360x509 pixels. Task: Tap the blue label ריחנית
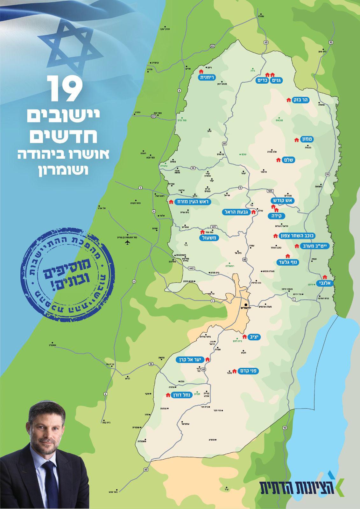pyautogui.click(x=207, y=77)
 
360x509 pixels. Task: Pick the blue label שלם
pyautogui.click(x=289, y=160)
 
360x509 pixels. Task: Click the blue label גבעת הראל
pyautogui.click(x=236, y=212)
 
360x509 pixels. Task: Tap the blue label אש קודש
pyautogui.click(x=284, y=201)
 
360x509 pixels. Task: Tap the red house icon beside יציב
pyautogui.click(x=244, y=336)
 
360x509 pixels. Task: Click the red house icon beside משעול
pyautogui.click(x=202, y=232)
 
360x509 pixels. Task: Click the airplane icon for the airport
pyautogui.click(x=128, y=242)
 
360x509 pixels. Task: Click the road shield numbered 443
pyautogui.click(x=191, y=268)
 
